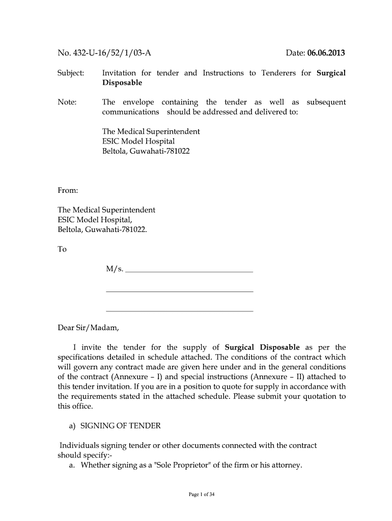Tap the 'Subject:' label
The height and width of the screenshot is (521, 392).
[x=71, y=73]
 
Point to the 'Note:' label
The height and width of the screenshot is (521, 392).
[x=67, y=102]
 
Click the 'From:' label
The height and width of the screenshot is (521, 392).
[x=68, y=191]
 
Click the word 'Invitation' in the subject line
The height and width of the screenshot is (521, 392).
[x=121, y=73]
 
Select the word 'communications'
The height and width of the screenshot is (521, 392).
[x=130, y=112]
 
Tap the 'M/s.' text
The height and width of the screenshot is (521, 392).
[x=115, y=269]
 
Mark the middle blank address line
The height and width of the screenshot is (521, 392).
[x=179, y=291]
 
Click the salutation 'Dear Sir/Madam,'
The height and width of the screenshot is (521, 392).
[x=88, y=328]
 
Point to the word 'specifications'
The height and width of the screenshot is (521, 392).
[x=83, y=357]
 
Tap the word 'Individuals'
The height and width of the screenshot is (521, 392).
[x=79, y=446]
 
